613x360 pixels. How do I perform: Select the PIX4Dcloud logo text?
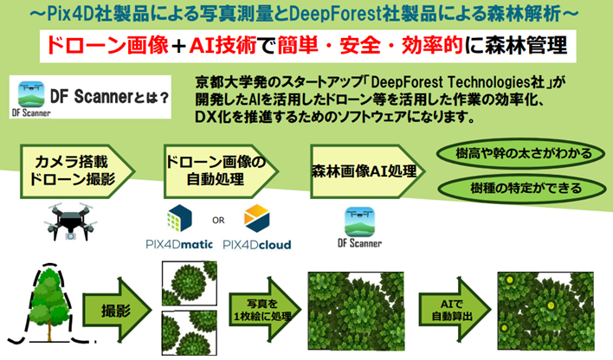point(257,245)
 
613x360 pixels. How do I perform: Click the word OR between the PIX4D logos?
point(218,219)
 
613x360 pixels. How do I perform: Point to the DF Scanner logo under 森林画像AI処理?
point(358,228)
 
